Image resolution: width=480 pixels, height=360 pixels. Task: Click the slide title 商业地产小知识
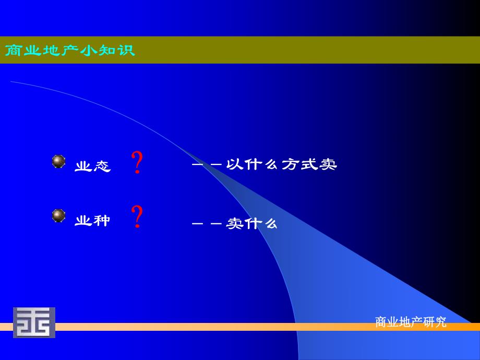(70, 51)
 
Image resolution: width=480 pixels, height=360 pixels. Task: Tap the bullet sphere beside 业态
(58, 161)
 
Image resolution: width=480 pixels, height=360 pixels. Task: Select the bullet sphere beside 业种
(58, 215)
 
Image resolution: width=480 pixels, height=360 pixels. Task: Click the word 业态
(93, 166)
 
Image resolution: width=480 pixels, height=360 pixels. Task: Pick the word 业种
(93, 221)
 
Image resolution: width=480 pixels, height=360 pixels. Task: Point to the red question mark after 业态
(137, 162)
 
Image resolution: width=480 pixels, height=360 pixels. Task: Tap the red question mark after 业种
(137, 217)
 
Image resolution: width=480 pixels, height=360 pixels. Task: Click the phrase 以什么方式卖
(282, 164)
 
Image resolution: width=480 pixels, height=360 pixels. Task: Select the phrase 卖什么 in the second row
(251, 224)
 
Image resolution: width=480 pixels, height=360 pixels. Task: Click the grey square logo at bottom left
(34, 322)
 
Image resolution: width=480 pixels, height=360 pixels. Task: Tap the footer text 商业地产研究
(411, 322)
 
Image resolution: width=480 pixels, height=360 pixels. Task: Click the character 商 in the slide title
(13, 51)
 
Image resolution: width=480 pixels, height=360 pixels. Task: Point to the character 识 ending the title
(127, 51)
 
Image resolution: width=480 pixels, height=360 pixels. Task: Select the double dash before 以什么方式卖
(207, 165)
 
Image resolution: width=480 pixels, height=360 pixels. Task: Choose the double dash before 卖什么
(207, 224)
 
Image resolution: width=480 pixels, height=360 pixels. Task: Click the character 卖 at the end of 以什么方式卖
(329, 164)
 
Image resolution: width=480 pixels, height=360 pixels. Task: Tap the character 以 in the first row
(234, 164)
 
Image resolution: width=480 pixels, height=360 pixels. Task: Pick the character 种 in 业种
(102, 221)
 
